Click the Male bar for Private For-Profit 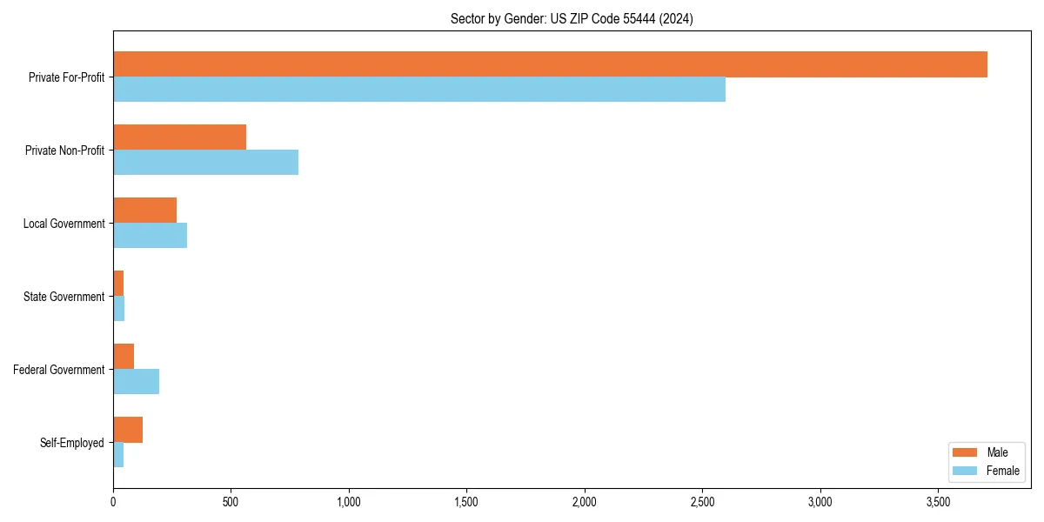(550, 64)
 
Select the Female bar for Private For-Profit (419, 90)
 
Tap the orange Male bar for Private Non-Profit (179, 137)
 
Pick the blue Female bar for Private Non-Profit (205, 163)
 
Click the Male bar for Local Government (144, 211)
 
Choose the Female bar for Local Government (150, 236)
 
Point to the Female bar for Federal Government (136, 382)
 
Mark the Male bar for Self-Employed (128, 430)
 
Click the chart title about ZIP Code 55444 (572, 19)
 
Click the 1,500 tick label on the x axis (466, 502)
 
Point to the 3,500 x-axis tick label (938, 502)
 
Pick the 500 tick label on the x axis (231, 502)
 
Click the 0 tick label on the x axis (113, 502)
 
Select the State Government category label (64, 297)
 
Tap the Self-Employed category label (71, 443)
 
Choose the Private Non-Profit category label (64, 151)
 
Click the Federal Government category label (58, 370)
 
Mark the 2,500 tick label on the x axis (702, 502)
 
